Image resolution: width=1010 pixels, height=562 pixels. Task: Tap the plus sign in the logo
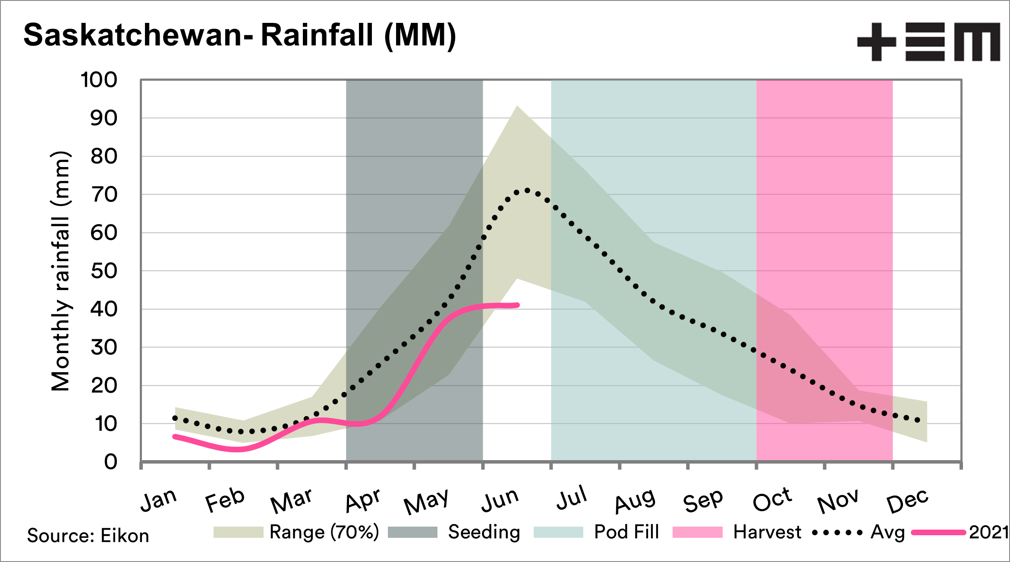coord(876,42)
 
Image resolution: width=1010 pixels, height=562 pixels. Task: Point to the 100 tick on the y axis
coord(99,80)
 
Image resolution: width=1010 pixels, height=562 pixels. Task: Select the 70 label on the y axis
coord(104,195)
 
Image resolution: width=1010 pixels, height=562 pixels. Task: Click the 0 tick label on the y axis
coord(110,462)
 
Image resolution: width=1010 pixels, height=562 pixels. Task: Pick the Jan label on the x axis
coord(159,500)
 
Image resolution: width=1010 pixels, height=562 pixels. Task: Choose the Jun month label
coord(500,500)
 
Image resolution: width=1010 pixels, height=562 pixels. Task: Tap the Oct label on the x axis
coord(772,500)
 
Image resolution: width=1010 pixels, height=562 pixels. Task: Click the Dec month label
coord(907,501)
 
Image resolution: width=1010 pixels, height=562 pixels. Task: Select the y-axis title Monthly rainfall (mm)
coord(60,271)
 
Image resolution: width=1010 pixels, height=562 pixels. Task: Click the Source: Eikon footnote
coord(88,536)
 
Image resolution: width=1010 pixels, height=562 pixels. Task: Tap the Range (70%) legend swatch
coord(238,532)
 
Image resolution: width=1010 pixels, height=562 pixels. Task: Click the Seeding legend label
coord(484,532)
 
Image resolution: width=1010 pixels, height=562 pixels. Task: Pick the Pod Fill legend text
coord(626,532)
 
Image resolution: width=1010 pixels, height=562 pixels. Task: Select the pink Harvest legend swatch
coord(697,532)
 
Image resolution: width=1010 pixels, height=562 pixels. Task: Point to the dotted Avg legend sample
coord(837,533)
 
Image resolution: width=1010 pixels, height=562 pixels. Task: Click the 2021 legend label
coord(988,532)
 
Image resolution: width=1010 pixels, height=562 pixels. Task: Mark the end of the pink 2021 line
coord(517,305)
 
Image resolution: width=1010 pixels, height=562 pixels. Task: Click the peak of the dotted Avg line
coord(527,190)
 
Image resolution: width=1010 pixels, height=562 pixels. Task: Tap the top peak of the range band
coord(517,106)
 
